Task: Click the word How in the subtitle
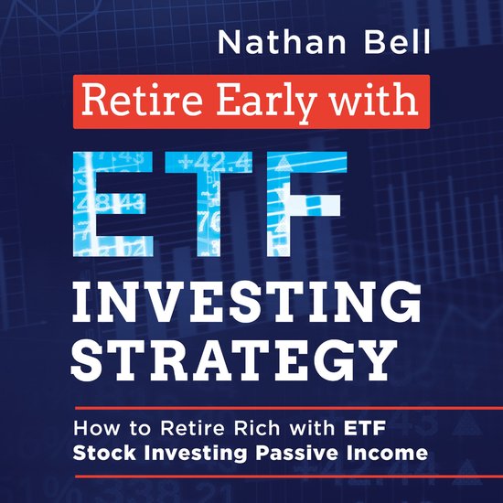(x=95, y=426)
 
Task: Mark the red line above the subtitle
(x=251, y=406)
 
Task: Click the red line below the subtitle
(x=251, y=476)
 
